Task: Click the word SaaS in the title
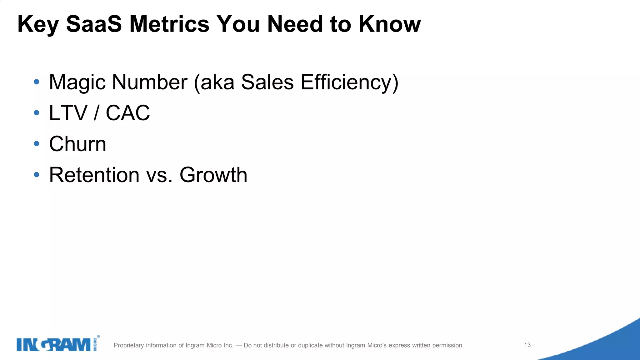(94, 24)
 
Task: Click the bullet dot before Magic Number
(37, 82)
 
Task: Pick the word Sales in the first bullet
(267, 82)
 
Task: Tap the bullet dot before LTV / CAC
(37, 113)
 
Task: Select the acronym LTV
(68, 113)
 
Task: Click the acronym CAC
(128, 113)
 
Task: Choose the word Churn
(78, 144)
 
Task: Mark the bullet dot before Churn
(37, 144)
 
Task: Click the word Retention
(94, 175)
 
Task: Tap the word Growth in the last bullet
(213, 175)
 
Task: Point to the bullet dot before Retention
(37, 175)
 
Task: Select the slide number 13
(527, 345)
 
